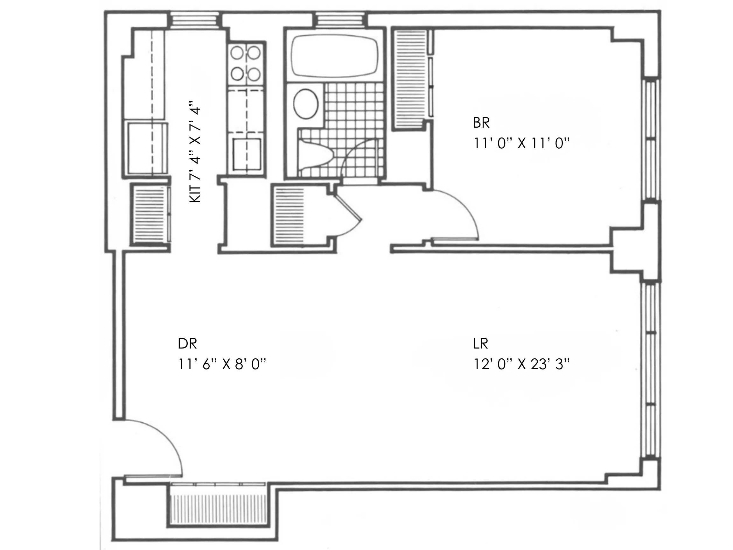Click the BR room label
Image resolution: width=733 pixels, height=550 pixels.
coord(481,123)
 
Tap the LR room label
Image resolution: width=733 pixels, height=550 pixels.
coord(480,344)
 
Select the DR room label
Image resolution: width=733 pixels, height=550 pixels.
coord(187,344)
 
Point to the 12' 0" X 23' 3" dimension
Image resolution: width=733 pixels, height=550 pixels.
coord(521,365)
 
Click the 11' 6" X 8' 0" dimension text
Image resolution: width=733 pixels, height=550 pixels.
coord(222,365)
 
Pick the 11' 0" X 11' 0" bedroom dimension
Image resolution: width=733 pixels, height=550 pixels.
coord(521,144)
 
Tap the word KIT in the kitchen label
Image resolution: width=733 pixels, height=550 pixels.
coord(196,194)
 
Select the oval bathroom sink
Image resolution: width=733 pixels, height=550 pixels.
coord(306,104)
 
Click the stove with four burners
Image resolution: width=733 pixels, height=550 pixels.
coord(246,64)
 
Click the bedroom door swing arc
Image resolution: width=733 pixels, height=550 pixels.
coord(464,209)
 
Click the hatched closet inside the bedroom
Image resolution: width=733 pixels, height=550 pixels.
coord(409,80)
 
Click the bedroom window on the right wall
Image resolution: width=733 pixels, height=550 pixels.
coord(651,139)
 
